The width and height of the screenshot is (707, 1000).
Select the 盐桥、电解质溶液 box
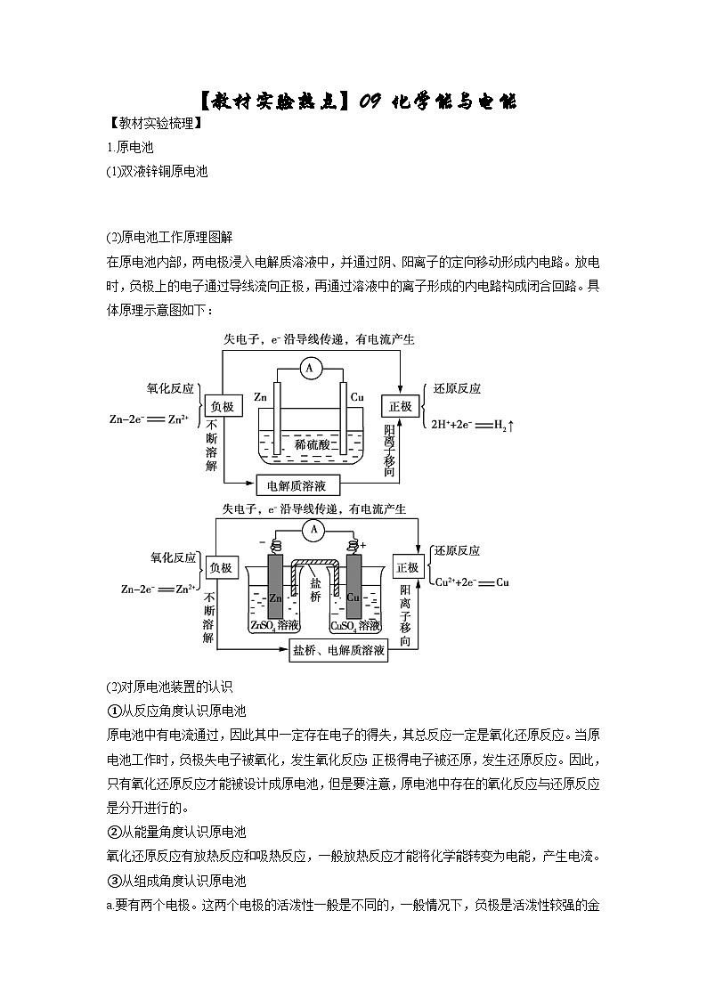click(339, 651)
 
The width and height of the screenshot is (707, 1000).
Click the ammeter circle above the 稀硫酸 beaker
click(310, 367)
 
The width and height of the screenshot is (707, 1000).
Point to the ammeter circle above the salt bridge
click(313, 531)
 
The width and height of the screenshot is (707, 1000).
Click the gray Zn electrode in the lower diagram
click(275, 588)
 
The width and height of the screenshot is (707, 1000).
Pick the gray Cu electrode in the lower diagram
click(353, 588)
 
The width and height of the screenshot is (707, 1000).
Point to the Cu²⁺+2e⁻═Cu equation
click(471, 582)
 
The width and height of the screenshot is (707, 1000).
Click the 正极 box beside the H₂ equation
click(401, 406)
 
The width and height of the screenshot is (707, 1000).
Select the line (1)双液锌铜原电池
click(157, 172)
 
